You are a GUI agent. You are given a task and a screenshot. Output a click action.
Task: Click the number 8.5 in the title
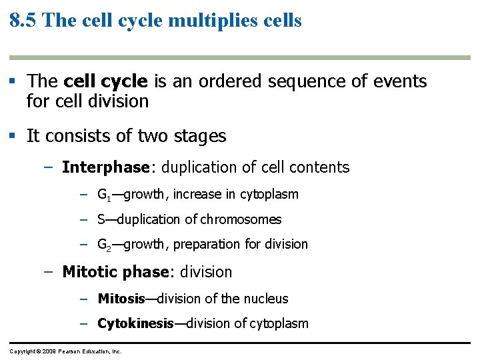23,20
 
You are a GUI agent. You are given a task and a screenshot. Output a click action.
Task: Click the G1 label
104,195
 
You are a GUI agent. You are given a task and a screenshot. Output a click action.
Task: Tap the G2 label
104,245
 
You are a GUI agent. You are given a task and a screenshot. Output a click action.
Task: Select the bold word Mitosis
121,299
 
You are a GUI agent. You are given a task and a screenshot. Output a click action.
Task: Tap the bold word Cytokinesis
135,324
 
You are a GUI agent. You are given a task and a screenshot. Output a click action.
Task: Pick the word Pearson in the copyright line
69,351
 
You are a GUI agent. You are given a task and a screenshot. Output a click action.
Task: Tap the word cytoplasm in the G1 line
269,195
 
